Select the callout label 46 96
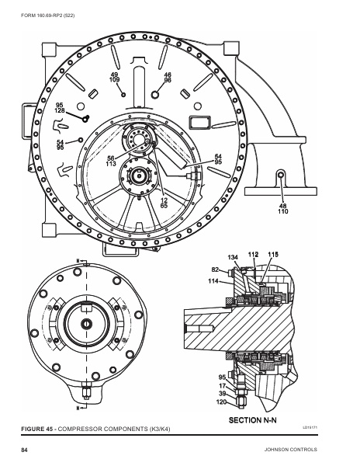coord(168,76)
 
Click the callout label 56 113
coord(111,162)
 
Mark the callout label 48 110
coord(282,207)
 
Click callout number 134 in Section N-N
coord(232,256)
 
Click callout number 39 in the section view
coord(223,395)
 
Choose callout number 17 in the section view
coord(223,385)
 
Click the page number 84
coord(24,450)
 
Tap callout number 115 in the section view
coord(273,254)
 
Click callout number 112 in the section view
coord(253,254)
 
